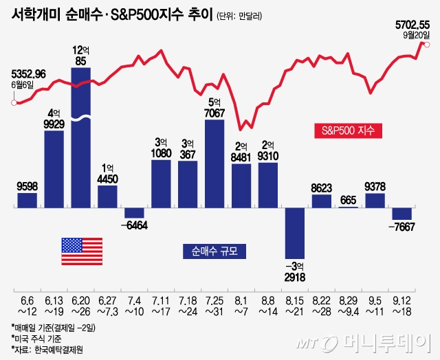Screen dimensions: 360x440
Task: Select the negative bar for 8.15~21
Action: tap(294, 232)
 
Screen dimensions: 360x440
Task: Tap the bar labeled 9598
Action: tap(27, 199)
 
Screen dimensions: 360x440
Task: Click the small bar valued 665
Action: tap(348, 206)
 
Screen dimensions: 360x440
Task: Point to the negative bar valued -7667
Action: tap(402, 213)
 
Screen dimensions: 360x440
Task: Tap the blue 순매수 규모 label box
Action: tap(214, 251)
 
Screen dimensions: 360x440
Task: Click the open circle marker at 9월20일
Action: tap(428, 45)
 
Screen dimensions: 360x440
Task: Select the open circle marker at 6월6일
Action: tap(13, 103)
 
